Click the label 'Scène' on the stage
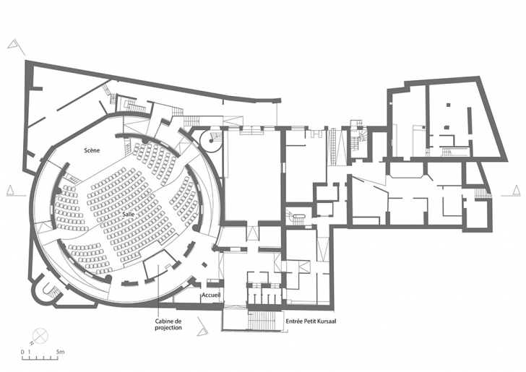[x=92, y=150]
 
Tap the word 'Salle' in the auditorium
[x=129, y=214]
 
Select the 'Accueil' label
[x=211, y=295]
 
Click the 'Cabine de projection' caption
[x=168, y=324]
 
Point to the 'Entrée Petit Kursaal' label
[x=311, y=321]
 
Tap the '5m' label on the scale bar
[x=61, y=352]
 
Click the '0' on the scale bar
[x=22, y=352]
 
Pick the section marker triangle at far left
[x=10, y=190]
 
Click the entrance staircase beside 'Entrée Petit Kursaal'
[x=265, y=321]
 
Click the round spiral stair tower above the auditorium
[x=211, y=140]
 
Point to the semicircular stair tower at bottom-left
[x=46, y=289]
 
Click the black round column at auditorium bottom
[x=108, y=278]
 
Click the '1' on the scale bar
[x=30, y=352]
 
